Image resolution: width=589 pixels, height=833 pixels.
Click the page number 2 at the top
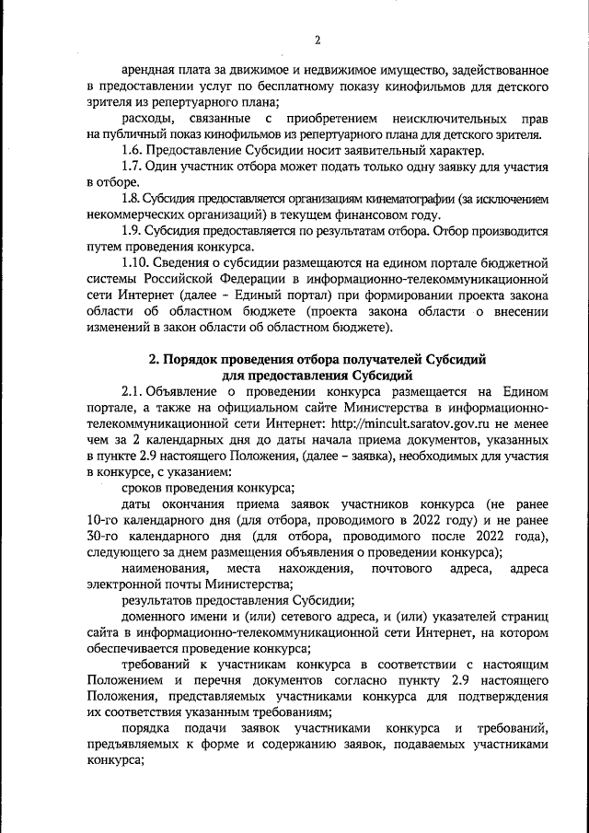tap(317, 40)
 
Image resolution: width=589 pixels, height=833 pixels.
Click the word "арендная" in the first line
tap(153, 71)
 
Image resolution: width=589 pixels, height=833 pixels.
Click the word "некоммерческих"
tap(134, 214)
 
